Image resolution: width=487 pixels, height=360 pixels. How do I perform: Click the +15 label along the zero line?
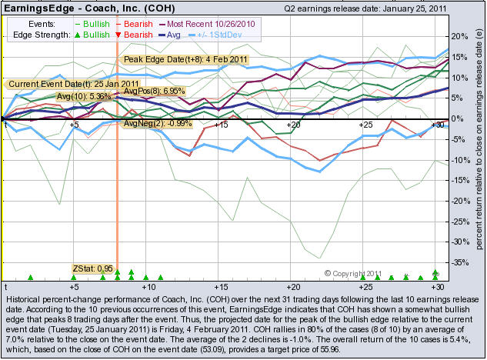(220, 124)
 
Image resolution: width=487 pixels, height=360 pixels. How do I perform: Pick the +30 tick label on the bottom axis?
(437, 285)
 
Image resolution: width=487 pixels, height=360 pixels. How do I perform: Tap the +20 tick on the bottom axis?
(292, 285)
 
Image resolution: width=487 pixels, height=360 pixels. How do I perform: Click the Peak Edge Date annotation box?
(173, 58)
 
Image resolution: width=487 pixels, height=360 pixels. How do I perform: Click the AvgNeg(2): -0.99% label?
(157, 123)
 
